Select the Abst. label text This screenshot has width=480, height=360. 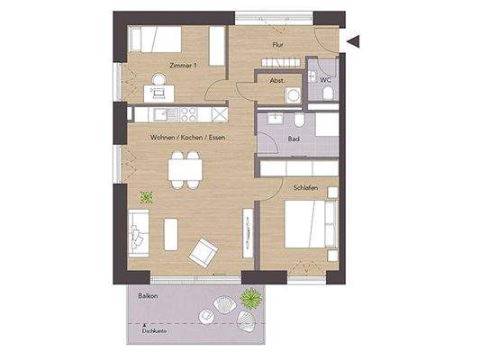(x=277, y=81)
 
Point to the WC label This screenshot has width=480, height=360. (x=327, y=80)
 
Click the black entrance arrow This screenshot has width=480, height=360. (x=353, y=40)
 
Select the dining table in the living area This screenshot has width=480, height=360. (x=185, y=168)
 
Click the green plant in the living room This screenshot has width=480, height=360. (x=146, y=197)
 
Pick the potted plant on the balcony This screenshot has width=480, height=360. (x=252, y=298)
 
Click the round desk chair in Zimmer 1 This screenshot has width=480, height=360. (x=159, y=80)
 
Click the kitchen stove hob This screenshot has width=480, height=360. (x=188, y=113)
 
